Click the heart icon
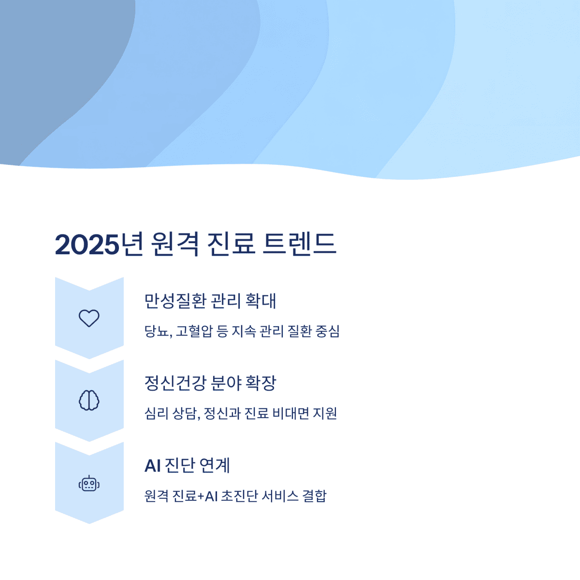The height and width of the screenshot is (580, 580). click(89, 318)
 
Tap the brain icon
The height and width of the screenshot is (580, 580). click(89, 400)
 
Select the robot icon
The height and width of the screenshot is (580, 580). click(89, 483)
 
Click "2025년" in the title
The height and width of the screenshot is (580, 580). click(99, 244)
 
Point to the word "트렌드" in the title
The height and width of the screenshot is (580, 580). click(299, 244)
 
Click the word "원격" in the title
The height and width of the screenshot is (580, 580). click(174, 244)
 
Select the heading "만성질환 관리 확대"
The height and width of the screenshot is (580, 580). click(210, 301)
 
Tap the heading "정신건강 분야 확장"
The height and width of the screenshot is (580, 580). click(210, 383)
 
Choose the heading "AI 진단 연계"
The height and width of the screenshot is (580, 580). click(187, 465)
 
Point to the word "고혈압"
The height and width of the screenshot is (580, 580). click(194, 332)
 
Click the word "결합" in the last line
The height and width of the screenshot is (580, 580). click(314, 496)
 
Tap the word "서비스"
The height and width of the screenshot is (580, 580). click(280, 496)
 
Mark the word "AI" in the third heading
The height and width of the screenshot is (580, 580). click(152, 465)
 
